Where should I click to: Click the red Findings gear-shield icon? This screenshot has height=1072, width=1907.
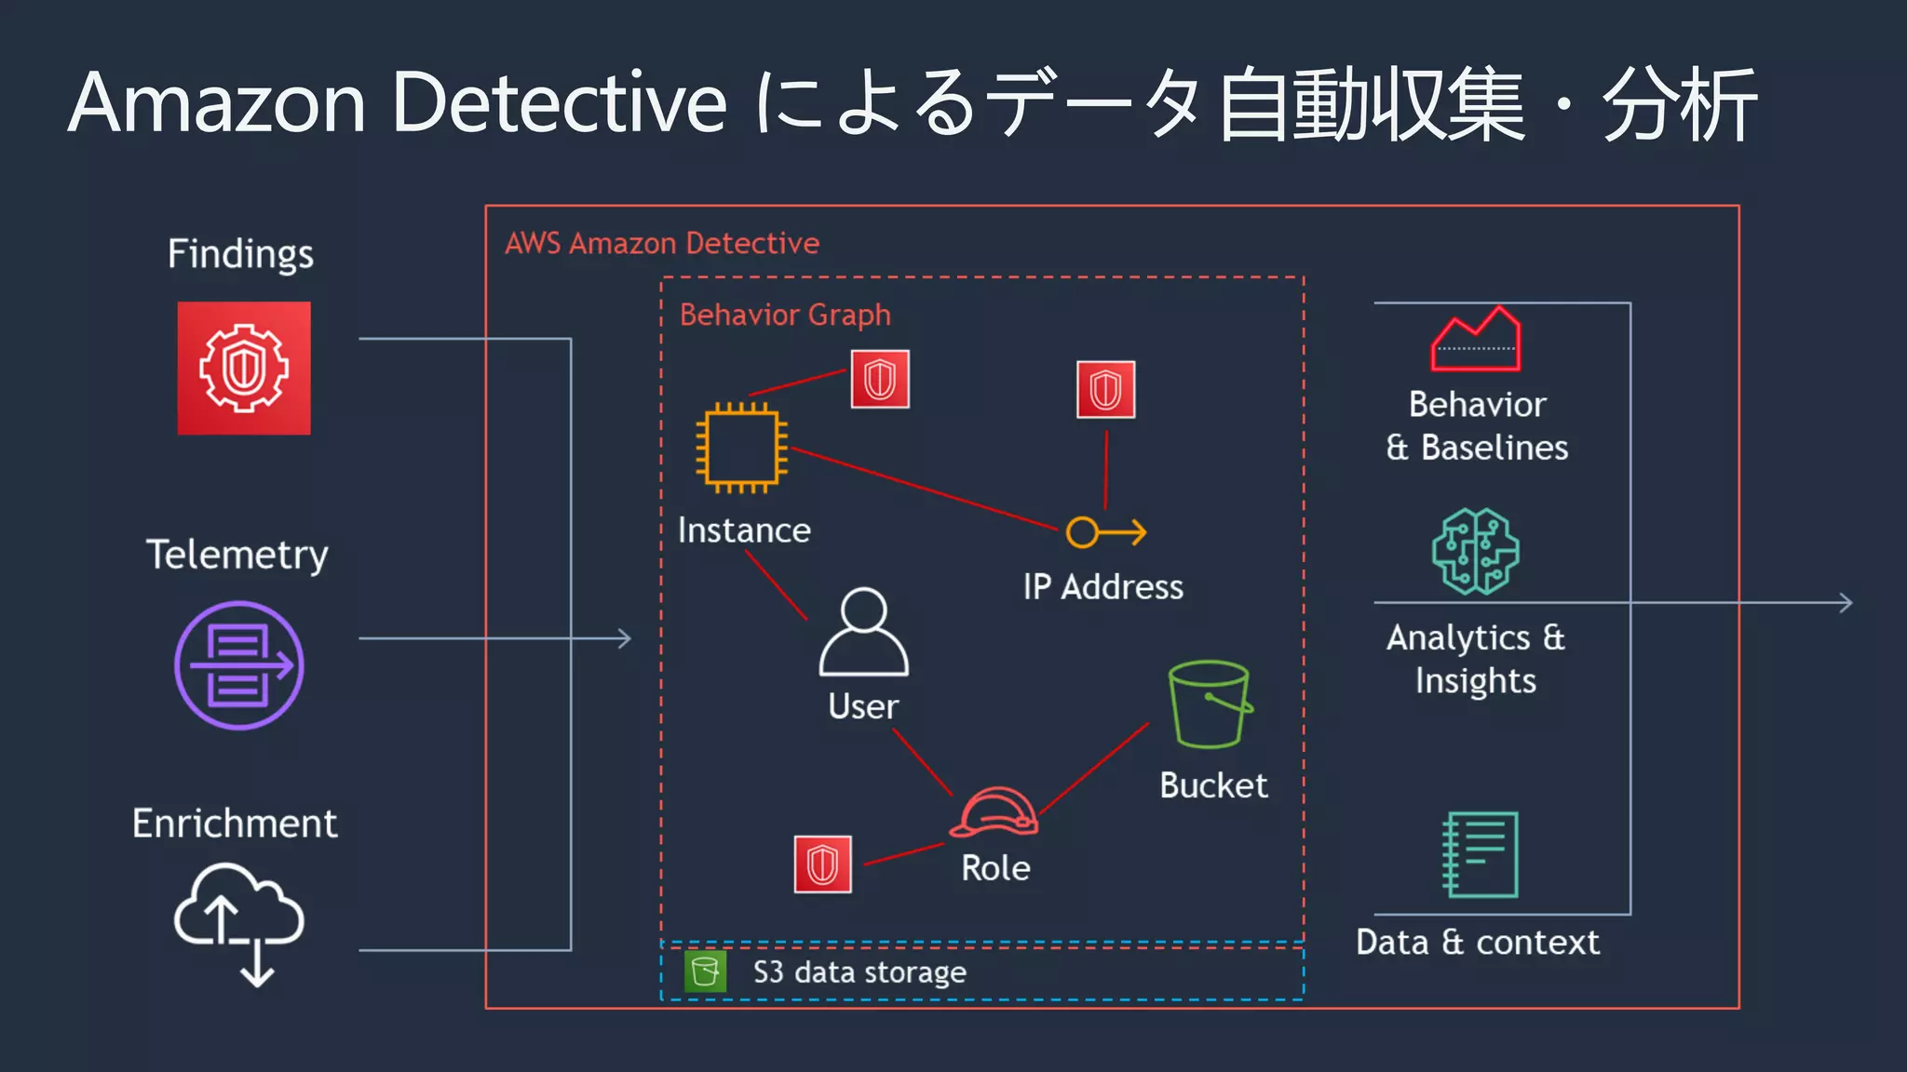[244, 368]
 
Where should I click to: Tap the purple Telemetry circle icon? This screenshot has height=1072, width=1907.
[239, 665]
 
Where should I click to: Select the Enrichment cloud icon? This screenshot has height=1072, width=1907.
[239, 922]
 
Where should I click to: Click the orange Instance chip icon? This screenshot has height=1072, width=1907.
[742, 448]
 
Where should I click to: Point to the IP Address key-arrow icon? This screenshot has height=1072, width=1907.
[1105, 532]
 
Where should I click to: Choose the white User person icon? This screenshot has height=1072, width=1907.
[863, 632]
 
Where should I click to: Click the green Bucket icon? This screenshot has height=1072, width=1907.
[1210, 704]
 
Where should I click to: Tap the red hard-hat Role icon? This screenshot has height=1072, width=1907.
[994, 812]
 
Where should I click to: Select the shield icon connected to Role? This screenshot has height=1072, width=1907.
[822, 864]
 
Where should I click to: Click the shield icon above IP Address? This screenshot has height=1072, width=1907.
[1105, 390]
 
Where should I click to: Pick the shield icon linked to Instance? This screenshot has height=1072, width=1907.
[880, 380]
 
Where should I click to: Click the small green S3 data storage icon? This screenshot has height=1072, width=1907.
[705, 971]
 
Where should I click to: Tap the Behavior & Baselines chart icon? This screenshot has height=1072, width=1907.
[1476, 340]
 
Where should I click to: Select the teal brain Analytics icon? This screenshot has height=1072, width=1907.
[1475, 552]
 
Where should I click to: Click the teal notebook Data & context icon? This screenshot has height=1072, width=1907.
[1480, 854]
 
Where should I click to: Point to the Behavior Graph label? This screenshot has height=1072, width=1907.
[785, 315]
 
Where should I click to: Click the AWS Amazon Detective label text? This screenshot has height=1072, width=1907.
[662, 243]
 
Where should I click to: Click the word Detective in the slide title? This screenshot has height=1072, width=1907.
[559, 102]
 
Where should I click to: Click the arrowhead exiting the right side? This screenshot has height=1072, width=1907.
[1846, 603]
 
